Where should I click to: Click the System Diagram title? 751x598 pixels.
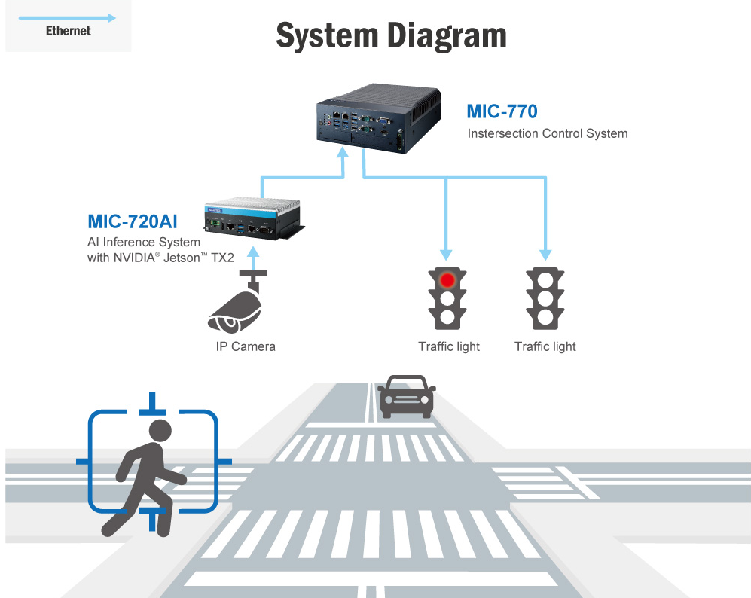[391, 35]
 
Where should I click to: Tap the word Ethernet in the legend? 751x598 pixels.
[68, 31]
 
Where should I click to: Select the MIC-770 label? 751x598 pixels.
[502, 112]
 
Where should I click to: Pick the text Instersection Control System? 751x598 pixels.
[547, 134]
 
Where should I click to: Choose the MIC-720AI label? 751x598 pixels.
[133, 221]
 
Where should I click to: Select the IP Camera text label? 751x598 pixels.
[240, 346]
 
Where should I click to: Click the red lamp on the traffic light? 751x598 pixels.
[448, 280]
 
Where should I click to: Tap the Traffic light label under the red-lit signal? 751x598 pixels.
[449, 346]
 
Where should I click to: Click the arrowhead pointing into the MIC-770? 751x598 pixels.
[343, 153]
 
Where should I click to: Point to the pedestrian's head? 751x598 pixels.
[160, 431]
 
